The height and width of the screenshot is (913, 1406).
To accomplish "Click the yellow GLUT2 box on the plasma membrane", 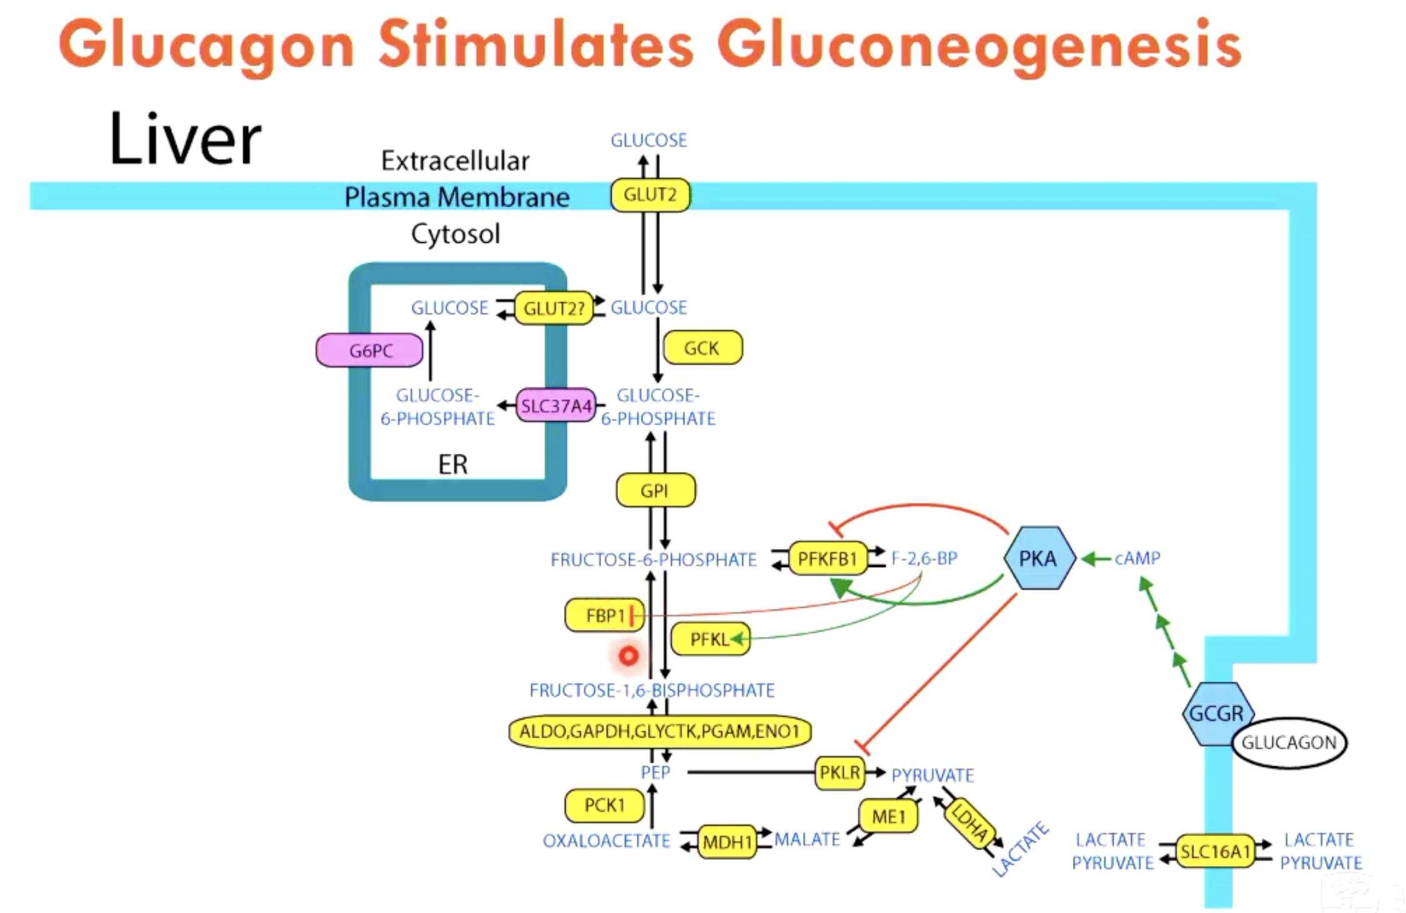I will click(x=650, y=195).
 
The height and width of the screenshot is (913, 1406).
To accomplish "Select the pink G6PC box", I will click(x=369, y=350).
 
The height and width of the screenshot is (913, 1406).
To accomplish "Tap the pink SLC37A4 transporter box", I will click(x=556, y=406).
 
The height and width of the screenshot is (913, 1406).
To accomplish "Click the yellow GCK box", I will click(x=702, y=348).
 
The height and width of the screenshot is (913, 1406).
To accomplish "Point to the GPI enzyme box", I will click(x=655, y=490).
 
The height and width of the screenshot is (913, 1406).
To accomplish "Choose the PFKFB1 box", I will click(x=827, y=558).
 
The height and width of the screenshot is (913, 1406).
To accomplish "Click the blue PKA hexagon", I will click(x=1039, y=558).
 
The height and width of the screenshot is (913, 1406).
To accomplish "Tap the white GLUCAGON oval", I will click(x=1289, y=742).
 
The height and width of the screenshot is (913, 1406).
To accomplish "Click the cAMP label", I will click(x=1137, y=558).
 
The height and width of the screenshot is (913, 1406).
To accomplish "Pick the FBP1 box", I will click(x=604, y=616).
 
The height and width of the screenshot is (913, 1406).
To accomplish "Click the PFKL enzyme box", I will click(x=710, y=639).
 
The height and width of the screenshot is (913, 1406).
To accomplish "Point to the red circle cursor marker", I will click(x=629, y=656).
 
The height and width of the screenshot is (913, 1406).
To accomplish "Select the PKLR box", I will click(x=839, y=772).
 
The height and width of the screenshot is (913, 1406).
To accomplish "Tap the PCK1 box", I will click(x=604, y=806).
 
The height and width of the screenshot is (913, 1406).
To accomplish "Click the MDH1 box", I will click(x=726, y=842).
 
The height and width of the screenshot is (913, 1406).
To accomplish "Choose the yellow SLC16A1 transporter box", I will click(x=1214, y=851).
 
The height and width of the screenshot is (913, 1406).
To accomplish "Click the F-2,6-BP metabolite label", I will click(x=924, y=558).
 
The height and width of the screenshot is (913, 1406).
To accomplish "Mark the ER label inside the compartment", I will click(x=452, y=464).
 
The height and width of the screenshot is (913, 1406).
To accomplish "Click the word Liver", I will click(x=185, y=140).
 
